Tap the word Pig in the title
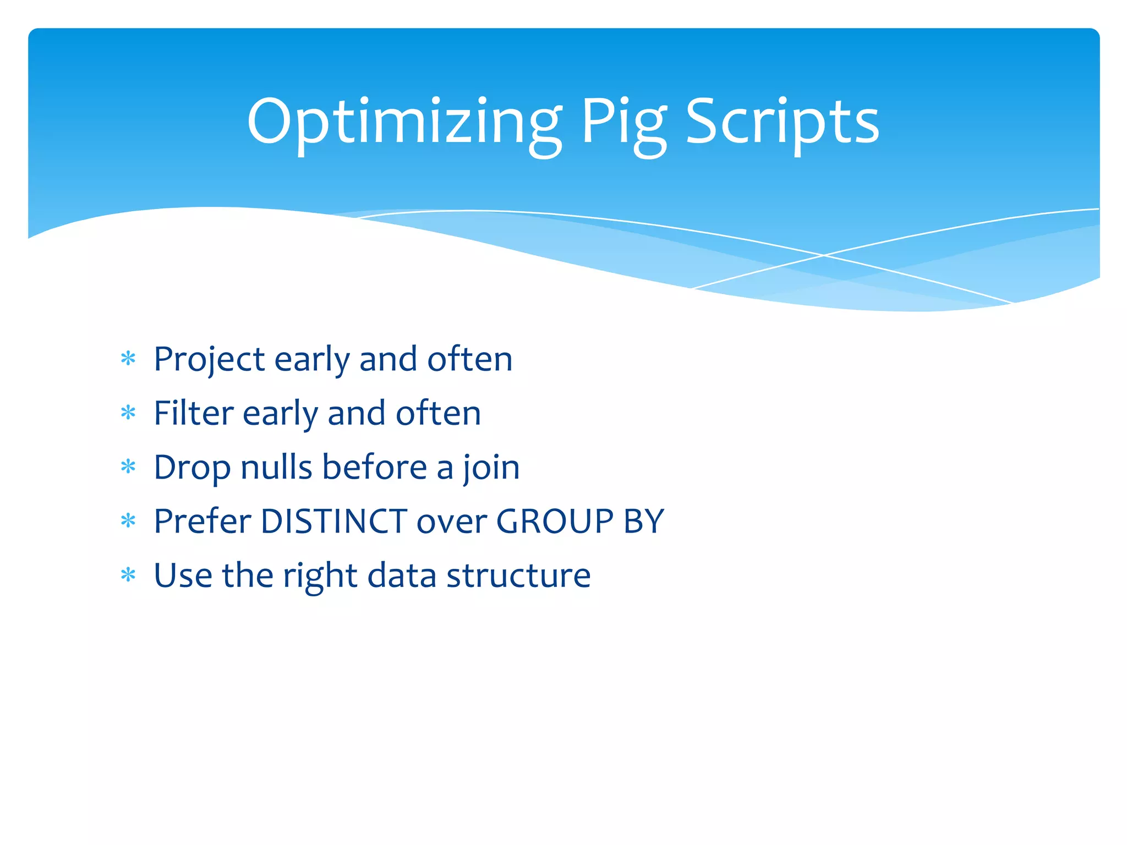[623, 122]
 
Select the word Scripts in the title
[782, 122]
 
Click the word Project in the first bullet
[209, 360]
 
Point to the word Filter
[193, 414]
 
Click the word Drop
[192, 468]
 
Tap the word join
[491, 468]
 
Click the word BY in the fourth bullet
[643, 521]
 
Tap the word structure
[518, 575]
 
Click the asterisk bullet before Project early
[128, 359]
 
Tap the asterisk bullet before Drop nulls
[128, 467]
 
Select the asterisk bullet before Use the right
[128, 575]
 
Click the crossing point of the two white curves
[824, 255]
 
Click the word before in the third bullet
[374, 468]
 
